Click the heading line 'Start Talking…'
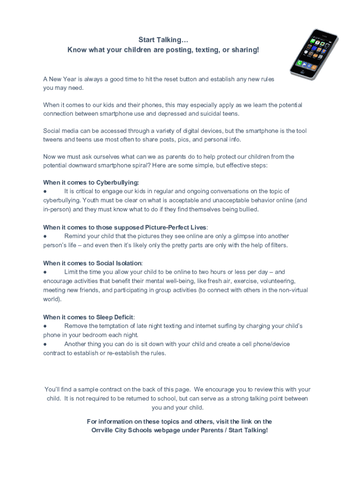(163, 41)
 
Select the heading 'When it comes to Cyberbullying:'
(91, 182)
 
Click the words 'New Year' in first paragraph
(63, 79)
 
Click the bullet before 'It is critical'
(45, 191)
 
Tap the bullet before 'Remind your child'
(45, 236)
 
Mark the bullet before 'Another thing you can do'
(45, 344)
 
